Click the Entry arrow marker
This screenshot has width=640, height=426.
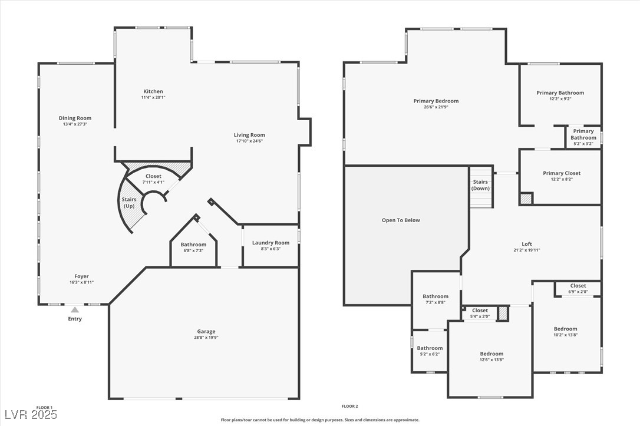pos(75,309)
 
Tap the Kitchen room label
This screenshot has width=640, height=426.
pos(153,91)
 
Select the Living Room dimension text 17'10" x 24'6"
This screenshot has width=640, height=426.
pos(249,141)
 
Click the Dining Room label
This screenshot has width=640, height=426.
pos(75,118)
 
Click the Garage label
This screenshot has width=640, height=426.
pos(206,331)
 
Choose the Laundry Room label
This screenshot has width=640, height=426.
pos(270,243)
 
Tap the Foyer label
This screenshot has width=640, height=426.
pos(81,276)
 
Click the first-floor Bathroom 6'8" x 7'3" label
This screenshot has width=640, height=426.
pos(193,245)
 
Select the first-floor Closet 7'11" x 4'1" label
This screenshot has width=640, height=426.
pos(153,176)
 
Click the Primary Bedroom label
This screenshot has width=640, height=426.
pos(436,101)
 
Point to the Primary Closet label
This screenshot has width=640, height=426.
pos(561,173)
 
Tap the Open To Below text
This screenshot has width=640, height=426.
pos(401,220)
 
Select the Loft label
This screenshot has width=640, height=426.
pos(526,244)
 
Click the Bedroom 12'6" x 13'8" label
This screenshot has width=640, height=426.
pos(491,354)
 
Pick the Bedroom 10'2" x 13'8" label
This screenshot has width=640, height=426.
pos(565,329)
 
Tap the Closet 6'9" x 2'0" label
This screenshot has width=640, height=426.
pos(578,286)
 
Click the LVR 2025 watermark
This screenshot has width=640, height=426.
pos(31,415)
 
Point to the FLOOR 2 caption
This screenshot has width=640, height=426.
pos(349,407)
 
